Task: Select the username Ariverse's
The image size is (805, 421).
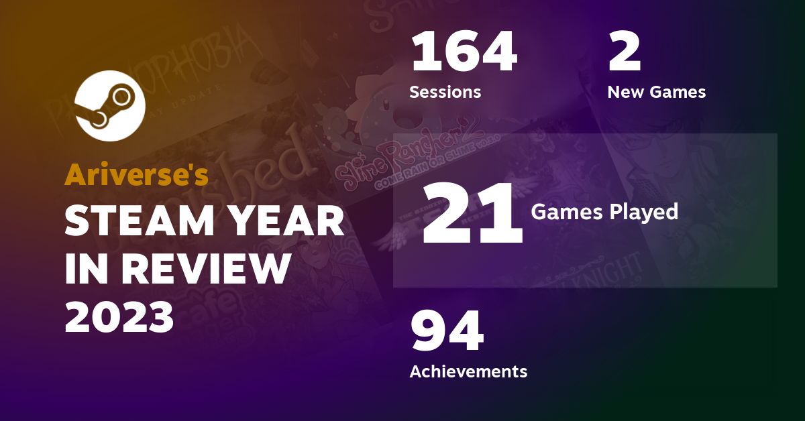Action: point(136,174)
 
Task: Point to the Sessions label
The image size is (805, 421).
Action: point(445,92)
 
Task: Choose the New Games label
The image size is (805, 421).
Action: point(656,92)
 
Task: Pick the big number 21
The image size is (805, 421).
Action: point(472,213)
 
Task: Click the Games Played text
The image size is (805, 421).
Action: point(604,212)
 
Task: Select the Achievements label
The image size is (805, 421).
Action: point(468,371)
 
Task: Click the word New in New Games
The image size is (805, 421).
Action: point(624,92)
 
